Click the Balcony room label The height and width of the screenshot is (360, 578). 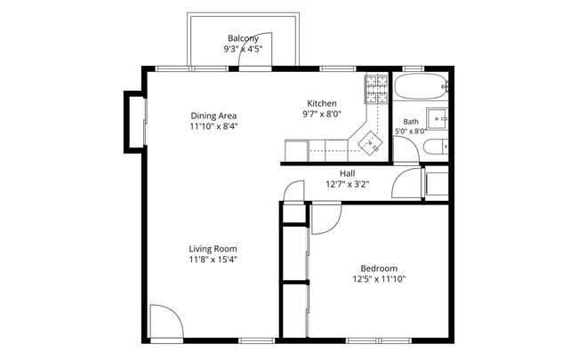point(243,38)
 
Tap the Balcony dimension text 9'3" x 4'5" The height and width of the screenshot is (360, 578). point(243,49)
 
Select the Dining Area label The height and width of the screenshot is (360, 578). point(213,116)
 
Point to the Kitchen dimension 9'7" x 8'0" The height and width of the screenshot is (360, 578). point(322,114)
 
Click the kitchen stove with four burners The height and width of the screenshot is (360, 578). point(377,89)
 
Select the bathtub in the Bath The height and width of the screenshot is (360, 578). point(421,86)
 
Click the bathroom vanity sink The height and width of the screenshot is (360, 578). point(438,118)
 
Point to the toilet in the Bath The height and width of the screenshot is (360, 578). point(436,147)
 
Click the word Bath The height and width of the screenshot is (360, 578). point(411,121)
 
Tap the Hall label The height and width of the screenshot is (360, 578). point(347,173)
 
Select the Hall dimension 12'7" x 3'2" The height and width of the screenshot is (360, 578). point(347,184)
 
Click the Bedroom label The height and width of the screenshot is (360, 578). point(379,268)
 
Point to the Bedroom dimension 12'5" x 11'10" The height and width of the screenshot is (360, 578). point(379,279)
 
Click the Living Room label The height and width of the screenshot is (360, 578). point(213,249)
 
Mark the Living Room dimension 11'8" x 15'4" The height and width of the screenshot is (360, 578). point(213,260)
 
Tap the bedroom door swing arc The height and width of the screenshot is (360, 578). point(333,227)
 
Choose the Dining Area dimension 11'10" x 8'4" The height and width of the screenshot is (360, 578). point(213,126)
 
